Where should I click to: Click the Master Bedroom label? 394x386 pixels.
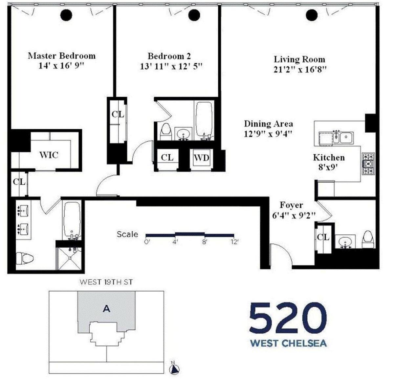click(62, 56)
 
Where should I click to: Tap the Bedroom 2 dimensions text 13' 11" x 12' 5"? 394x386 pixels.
click(171, 66)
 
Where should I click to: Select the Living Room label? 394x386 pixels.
click(299, 59)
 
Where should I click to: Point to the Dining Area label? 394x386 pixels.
click(268, 124)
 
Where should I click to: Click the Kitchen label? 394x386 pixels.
click(329, 158)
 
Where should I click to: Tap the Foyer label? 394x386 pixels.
click(291, 205)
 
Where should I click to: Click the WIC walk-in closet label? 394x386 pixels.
click(49, 155)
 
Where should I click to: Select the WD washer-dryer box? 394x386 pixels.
click(202, 158)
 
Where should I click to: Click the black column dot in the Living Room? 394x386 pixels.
click(312, 15)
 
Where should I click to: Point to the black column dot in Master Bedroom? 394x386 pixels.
click(66, 15)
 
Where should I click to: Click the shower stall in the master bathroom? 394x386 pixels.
click(70, 258)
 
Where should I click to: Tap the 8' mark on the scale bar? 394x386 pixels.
click(204, 242)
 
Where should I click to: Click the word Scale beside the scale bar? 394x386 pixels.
click(127, 234)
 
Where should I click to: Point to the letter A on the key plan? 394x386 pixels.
click(106, 309)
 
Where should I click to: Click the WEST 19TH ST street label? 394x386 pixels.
click(106, 282)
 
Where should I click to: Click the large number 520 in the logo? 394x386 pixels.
click(288, 319)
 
